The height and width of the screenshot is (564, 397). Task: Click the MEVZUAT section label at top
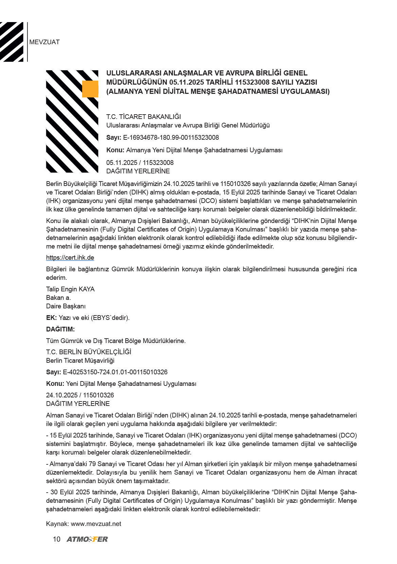[44, 42]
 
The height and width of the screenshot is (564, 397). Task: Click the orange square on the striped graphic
[90, 89]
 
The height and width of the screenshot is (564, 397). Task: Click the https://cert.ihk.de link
[70, 258]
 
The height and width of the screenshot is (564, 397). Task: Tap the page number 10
[56, 540]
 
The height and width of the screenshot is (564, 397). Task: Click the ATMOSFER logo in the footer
[87, 540]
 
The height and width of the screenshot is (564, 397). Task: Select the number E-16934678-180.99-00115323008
[171, 138]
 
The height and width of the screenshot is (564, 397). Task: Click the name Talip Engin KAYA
[70, 289]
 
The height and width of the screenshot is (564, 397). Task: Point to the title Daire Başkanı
[66, 306]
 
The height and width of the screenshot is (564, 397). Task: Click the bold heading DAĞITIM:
[60, 329]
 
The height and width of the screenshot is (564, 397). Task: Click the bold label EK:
[51, 318]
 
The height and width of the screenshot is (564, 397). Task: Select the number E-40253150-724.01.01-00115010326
[115, 372]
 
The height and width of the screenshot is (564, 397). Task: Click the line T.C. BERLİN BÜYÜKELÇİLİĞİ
[89, 352]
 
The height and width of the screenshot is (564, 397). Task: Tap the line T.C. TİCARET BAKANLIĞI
[144, 117]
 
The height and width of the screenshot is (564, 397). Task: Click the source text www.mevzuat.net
[96, 524]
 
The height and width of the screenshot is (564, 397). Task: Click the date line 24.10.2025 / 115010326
[80, 395]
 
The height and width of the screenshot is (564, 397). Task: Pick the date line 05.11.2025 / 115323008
[140, 163]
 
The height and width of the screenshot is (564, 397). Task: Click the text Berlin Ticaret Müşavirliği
[80, 361]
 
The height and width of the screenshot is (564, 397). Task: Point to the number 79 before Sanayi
[92, 464]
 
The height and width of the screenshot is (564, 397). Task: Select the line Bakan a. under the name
[58, 298]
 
